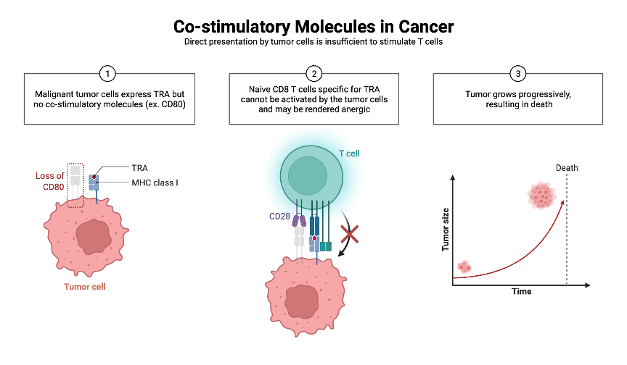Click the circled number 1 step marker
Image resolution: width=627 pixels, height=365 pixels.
[107, 73]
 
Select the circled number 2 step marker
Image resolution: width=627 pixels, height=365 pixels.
[313, 73]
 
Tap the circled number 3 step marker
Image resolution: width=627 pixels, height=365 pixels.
[517, 73]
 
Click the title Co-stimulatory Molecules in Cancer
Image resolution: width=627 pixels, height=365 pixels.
[313, 27]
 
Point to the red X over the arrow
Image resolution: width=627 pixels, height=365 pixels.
[351, 234]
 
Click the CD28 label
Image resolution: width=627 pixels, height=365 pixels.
[279, 215]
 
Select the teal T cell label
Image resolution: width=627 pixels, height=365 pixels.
[349, 154]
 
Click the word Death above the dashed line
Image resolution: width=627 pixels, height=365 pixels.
[567, 168]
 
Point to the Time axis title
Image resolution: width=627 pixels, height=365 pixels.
[520, 291]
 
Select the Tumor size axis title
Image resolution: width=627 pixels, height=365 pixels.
[446, 230]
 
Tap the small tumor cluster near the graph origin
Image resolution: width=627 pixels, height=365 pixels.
[465, 267]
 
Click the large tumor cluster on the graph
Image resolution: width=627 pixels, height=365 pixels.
[541, 195]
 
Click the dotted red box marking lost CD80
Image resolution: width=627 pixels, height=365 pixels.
[75, 186]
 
